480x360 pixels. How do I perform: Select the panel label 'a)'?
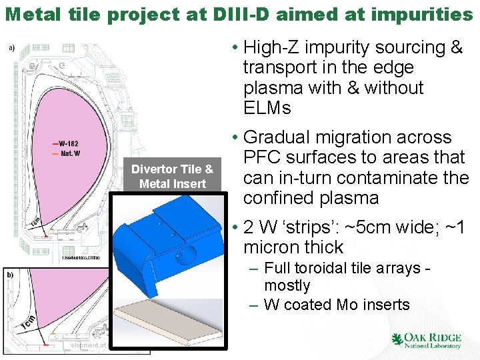[x=11, y=47]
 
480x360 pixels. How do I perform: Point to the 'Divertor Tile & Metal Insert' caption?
[x=172, y=176]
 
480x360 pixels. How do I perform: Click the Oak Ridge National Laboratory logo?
[x=426, y=340]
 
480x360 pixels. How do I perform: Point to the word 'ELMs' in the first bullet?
[x=266, y=108]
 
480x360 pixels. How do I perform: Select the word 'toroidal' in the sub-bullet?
[x=322, y=269]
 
